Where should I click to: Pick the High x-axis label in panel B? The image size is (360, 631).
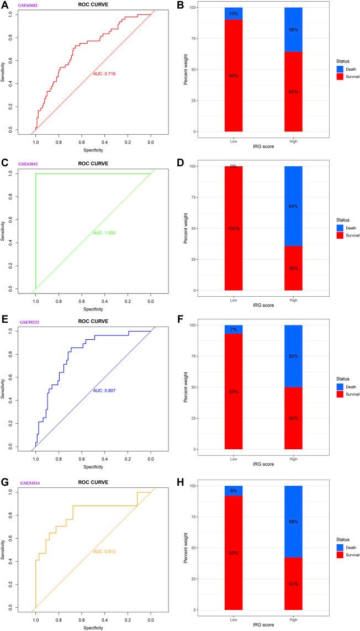(292, 140)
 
